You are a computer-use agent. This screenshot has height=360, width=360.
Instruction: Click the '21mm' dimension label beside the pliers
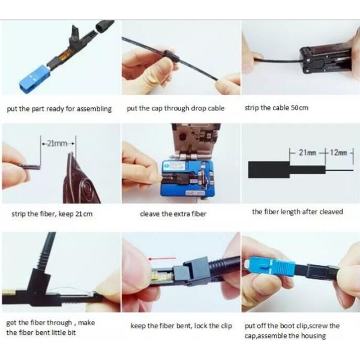(x=58, y=143)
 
